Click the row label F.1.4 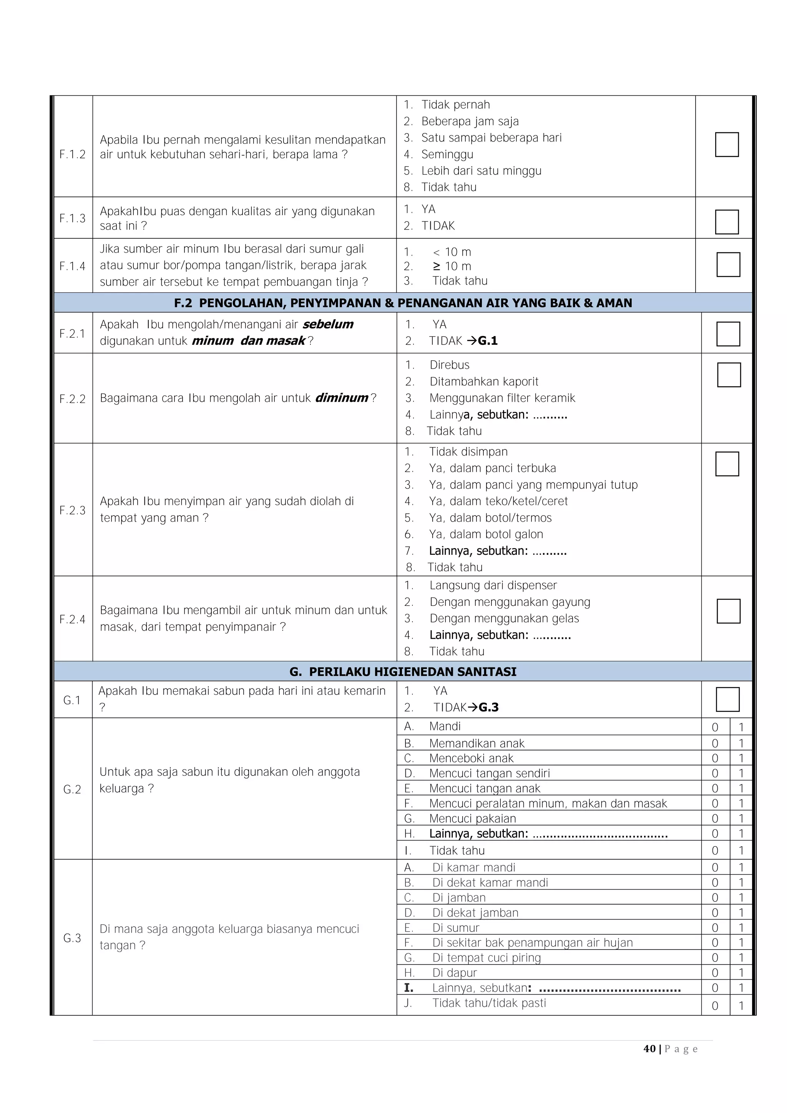(x=72, y=266)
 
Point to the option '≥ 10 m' (x=452, y=266)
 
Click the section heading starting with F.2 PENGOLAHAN (x=403, y=303)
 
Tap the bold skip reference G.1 (x=488, y=341)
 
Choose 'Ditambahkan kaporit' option (x=484, y=381)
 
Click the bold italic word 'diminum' (x=342, y=398)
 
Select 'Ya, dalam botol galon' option (x=486, y=534)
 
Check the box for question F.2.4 (x=728, y=611)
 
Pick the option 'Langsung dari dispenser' (x=493, y=585)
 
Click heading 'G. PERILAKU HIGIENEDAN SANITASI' (x=403, y=671)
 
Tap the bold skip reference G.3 (x=488, y=707)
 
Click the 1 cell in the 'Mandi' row (x=741, y=727)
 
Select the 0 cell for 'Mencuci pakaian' (x=715, y=819)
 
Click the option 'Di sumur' (x=455, y=928)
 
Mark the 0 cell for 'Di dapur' (x=715, y=973)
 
